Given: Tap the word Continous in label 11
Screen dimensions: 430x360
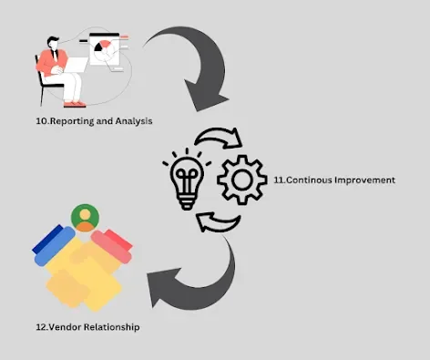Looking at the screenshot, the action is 309,180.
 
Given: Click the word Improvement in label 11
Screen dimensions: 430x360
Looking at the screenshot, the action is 364,180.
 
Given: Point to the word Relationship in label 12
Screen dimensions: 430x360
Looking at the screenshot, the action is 111,327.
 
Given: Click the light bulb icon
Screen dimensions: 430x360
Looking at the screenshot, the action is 187,180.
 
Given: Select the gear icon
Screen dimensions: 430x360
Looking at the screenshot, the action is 242,180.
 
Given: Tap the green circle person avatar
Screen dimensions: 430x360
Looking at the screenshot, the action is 85,218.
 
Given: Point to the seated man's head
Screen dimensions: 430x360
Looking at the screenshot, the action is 54,43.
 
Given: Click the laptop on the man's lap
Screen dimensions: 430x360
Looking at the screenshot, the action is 75,65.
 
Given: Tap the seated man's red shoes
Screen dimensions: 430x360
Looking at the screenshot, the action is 75,104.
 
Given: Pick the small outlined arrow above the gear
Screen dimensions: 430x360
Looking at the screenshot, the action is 220,138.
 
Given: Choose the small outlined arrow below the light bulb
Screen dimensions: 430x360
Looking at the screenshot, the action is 218,222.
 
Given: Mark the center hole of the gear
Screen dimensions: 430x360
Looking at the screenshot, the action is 242,180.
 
